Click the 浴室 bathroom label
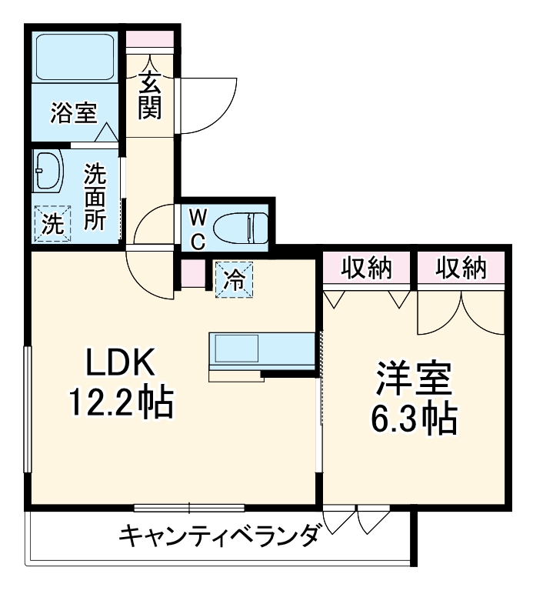tap(73, 113)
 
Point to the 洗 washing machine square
tap(52, 223)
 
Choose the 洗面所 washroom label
tap(95, 196)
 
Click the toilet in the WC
tap(240, 228)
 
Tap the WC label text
tap(196, 227)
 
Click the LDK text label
tap(121, 362)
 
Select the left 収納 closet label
tap(367, 269)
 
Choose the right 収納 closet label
tap(461, 269)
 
